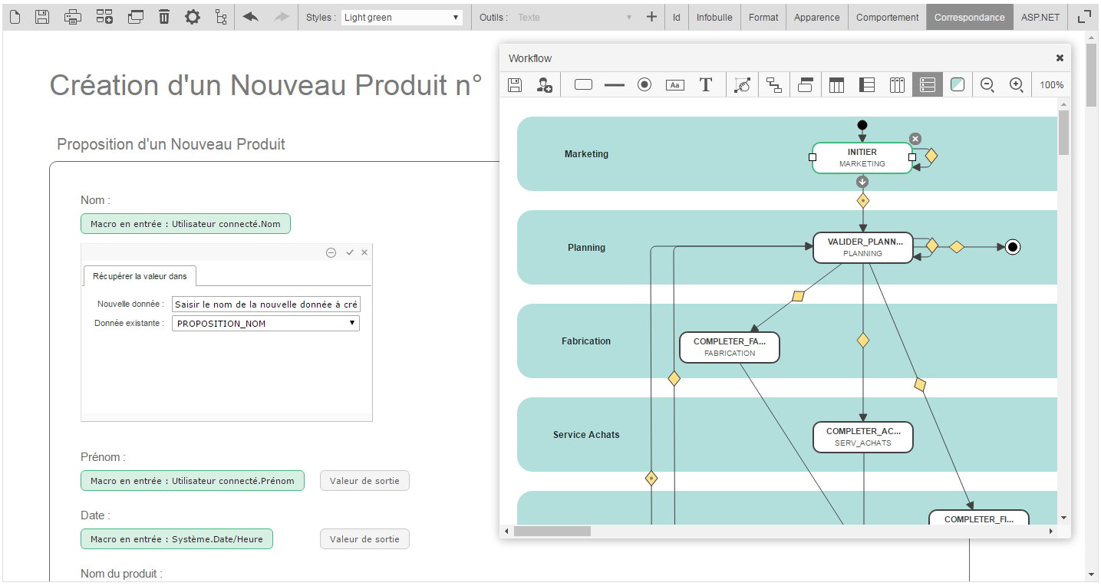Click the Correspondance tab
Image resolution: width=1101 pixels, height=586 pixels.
(x=969, y=17)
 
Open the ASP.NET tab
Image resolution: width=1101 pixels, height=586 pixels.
(x=1040, y=17)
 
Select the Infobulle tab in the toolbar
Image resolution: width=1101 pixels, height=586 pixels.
(x=714, y=17)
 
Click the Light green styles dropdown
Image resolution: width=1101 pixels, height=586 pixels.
(x=401, y=17)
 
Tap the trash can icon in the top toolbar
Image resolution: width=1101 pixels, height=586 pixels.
(x=164, y=17)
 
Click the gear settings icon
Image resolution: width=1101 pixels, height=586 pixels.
(x=193, y=17)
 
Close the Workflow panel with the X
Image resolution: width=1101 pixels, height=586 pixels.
(x=1060, y=58)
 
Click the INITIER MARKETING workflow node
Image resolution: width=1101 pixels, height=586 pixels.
(x=862, y=158)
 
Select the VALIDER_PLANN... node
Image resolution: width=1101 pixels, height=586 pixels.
(x=862, y=247)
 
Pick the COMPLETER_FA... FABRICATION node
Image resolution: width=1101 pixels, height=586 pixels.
(x=729, y=347)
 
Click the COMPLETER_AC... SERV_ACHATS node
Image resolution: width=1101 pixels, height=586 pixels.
(x=862, y=436)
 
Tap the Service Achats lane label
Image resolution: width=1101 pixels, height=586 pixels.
(x=586, y=435)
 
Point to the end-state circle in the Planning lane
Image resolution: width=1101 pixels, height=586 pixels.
(x=1012, y=247)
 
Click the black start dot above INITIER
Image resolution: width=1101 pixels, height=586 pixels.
(x=862, y=125)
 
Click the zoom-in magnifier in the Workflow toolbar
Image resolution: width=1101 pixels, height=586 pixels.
(x=1016, y=85)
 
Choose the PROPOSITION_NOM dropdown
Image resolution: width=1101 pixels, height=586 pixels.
(x=265, y=324)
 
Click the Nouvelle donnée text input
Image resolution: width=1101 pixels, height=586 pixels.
(x=265, y=305)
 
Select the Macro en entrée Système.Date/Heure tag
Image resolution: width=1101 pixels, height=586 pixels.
(x=176, y=539)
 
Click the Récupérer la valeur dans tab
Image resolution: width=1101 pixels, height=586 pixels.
(x=140, y=276)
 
